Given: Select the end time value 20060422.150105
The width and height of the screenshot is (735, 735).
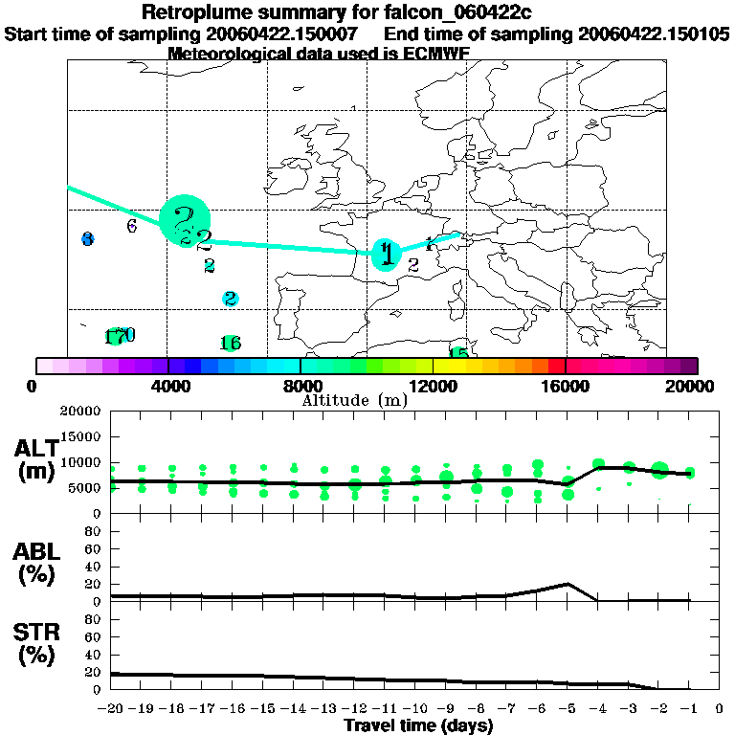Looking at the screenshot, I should coord(655,33).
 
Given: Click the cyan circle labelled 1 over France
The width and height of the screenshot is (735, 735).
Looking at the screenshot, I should coord(385,254).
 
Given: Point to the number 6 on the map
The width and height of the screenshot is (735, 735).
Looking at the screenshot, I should coord(132,226).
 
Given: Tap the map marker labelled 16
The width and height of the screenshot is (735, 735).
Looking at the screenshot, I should coord(230,343).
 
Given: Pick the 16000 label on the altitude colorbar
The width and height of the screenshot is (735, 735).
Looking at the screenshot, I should coord(567,387).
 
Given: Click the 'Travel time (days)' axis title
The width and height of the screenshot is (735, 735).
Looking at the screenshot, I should coord(418,726).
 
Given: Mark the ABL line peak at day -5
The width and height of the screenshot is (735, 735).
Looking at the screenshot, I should coord(568,583).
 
